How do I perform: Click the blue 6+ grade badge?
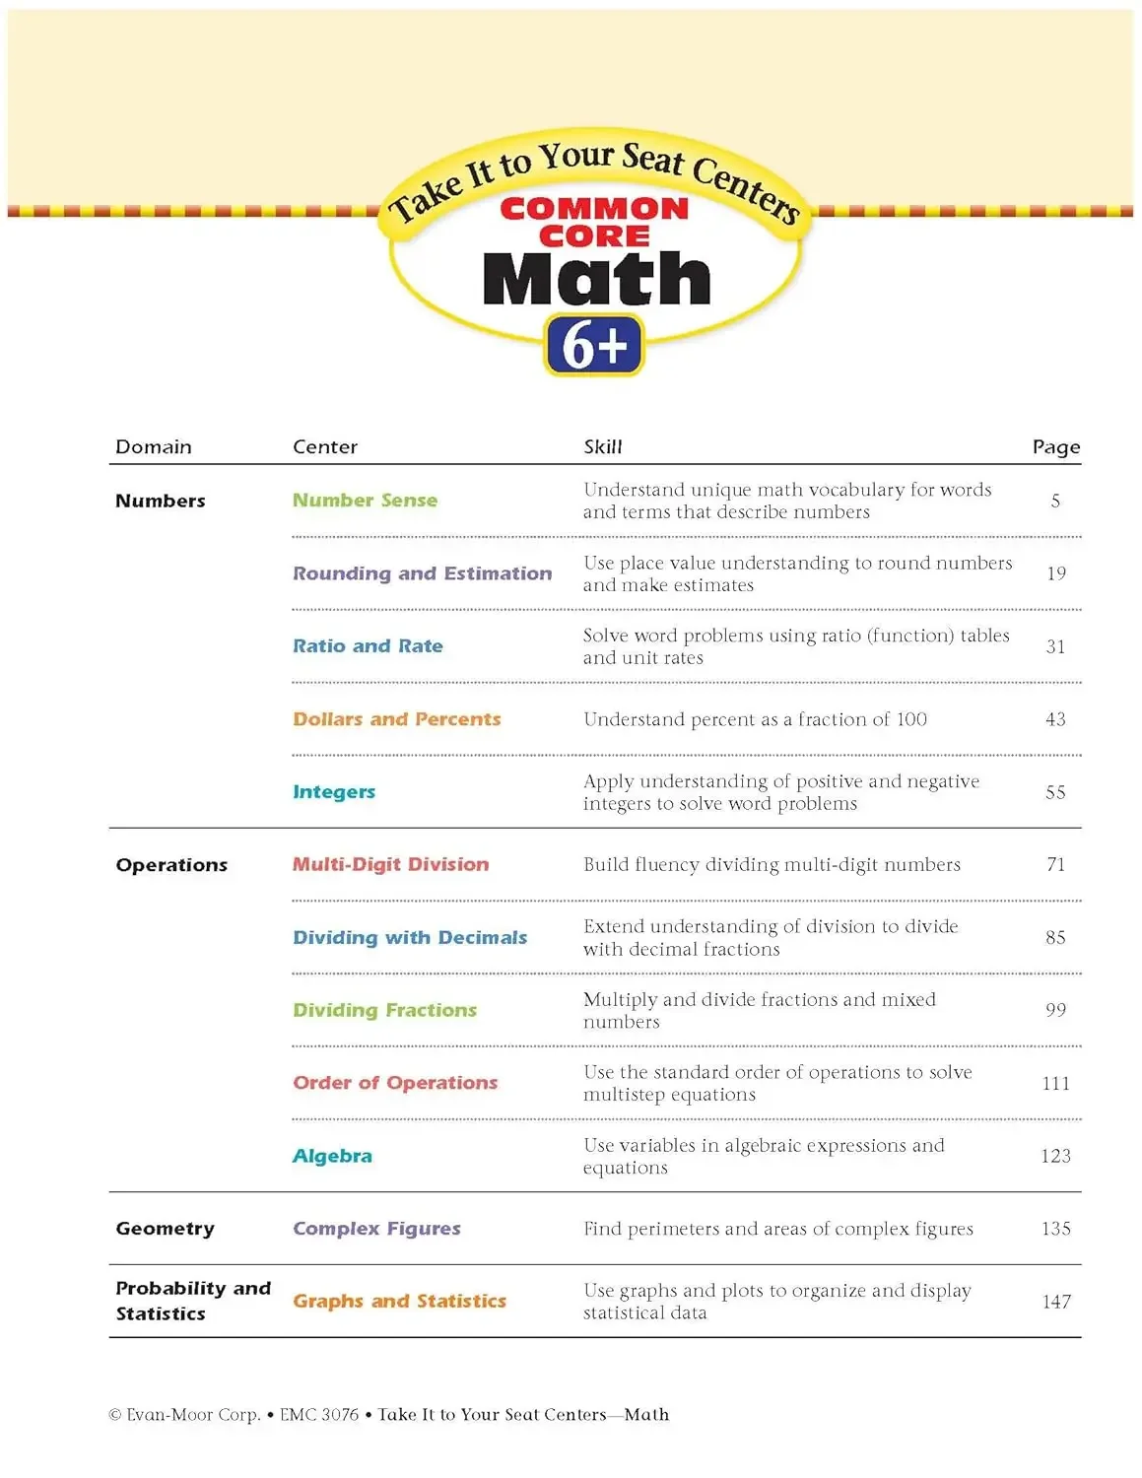point(593,345)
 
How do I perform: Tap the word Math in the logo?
point(596,279)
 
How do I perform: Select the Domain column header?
point(154,446)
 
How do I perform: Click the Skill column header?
point(602,446)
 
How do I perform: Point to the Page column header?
point(1055,447)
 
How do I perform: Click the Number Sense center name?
point(365,501)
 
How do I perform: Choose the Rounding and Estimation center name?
point(422,573)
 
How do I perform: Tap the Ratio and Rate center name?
point(368,646)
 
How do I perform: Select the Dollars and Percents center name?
point(396,719)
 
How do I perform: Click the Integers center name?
point(334,792)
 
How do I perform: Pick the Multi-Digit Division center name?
point(390,864)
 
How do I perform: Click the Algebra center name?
point(332,1156)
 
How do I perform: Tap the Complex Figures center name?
point(376,1229)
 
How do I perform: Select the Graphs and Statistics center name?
point(399,1302)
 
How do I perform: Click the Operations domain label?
point(171,865)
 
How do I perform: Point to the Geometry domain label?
point(165,1229)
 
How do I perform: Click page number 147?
point(1055,1302)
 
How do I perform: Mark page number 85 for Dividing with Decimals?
point(1055,937)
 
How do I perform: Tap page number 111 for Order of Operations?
point(1055,1083)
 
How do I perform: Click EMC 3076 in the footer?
point(319,1415)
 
